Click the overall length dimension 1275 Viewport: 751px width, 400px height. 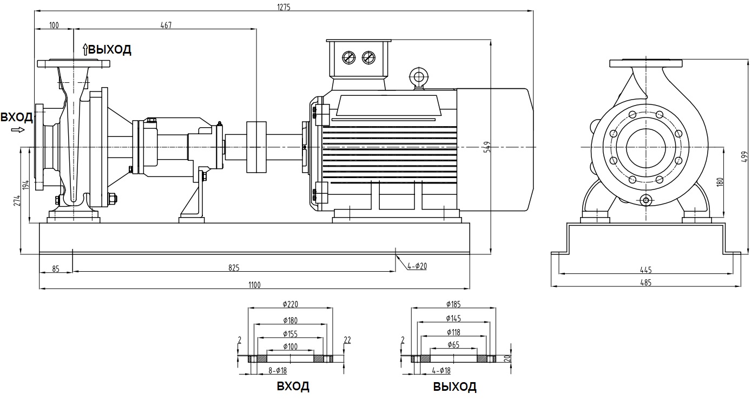(284, 7)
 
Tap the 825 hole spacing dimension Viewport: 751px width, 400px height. (233, 268)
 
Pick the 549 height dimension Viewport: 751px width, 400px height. (486, 147)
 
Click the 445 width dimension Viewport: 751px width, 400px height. (645, 270)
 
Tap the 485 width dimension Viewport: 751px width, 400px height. (645, 283)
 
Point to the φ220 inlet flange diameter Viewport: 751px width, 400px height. (290, 304)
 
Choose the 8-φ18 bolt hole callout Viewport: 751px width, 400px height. (277, 371)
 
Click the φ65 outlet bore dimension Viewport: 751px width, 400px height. (453, 344)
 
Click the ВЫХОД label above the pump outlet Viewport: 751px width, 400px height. (110, 50)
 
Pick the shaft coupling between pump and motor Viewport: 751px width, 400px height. (256, 147)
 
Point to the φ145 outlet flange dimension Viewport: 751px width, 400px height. (453, 318)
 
